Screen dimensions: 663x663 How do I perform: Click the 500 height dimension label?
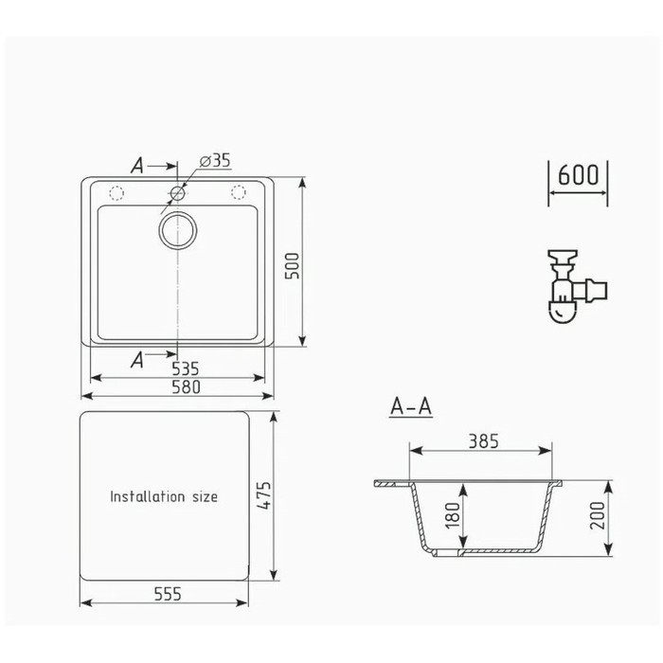[292, 265]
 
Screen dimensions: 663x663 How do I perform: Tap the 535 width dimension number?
[186, 368]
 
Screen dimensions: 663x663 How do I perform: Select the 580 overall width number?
[186, 386]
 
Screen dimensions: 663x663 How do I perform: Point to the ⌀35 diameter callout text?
[215, 161]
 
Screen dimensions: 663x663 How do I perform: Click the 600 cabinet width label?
[578, 174]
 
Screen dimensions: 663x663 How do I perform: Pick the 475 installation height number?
[263, 495]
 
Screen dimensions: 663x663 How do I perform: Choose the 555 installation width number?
[168, 594]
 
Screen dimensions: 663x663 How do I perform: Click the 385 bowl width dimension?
[484, 441]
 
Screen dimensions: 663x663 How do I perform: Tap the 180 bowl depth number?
[453, 515]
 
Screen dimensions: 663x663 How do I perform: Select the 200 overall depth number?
[598, 515]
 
